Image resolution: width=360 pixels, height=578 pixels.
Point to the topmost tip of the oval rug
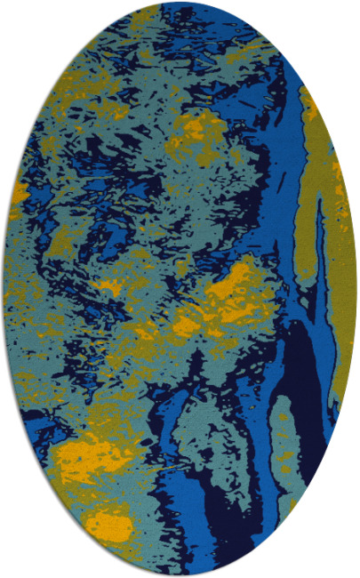[x=180, y=3]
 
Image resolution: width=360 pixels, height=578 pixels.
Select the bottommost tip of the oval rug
[x=180, y=575]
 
